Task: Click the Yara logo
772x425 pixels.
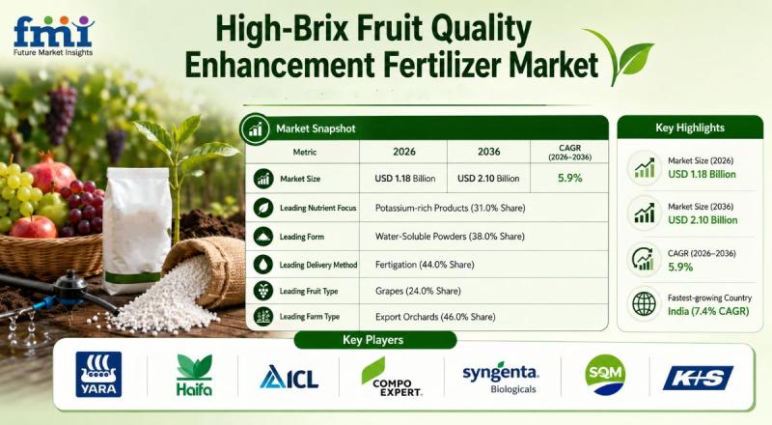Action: [98, 374]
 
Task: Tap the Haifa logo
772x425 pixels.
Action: [195, 375]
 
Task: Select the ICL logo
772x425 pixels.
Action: [289, 377]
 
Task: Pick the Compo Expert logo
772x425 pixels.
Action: [393, 377]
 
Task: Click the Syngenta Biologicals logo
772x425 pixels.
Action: [500, 379]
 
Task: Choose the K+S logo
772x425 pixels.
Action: [698, 379]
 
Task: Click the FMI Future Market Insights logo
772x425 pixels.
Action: [53, 36]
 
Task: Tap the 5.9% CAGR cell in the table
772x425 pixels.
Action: [569, 178]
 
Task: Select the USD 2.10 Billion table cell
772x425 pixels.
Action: [488, 179]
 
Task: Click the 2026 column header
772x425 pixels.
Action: [404, 152]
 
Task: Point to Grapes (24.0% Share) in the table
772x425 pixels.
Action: [418, 291]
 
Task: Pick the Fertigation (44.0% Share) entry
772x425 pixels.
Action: [425, 265]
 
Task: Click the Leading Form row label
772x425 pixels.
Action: [302, 237]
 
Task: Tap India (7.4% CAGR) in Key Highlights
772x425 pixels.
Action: [708, 311]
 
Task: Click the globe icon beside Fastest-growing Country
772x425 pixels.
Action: [644, 303]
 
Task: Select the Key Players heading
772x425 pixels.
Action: [372, 340]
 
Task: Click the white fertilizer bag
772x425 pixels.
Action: [137, 230]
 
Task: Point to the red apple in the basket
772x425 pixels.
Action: [34, 228]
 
